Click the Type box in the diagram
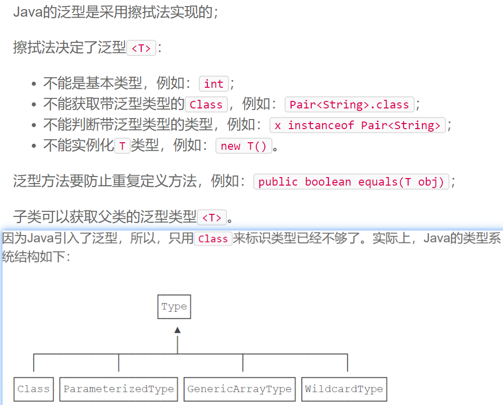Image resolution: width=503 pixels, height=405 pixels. (174, 307)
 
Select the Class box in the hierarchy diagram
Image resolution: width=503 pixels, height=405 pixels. (33, 389)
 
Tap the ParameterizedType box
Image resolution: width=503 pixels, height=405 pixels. (119, 389)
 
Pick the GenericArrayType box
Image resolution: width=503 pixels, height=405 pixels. (239, 389)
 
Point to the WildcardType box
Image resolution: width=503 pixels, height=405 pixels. (344, 389)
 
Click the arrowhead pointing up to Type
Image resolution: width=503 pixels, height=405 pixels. (177, 330)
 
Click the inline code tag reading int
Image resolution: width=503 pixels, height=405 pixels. (213, 84)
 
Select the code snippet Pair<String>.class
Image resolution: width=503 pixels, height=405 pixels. (349, 104)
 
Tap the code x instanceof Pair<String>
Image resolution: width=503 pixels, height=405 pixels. (357, 125)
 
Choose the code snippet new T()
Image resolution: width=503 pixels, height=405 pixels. (243, 146)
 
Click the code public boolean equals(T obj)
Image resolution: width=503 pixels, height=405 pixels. (351, 182)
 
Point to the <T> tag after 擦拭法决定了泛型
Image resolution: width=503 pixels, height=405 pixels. (141, 48)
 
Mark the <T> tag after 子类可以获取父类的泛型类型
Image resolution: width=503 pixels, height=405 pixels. (211, 217)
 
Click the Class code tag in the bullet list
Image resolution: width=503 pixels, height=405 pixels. (206, 104)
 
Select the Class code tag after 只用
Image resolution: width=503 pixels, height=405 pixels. (213, 239)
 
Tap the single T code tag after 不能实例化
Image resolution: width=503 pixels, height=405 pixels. (122, 146)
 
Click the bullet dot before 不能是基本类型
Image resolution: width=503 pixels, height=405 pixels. (34, 84)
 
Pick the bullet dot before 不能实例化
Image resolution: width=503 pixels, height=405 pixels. (34, 146)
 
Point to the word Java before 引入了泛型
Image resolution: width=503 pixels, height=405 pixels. (39, 239)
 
